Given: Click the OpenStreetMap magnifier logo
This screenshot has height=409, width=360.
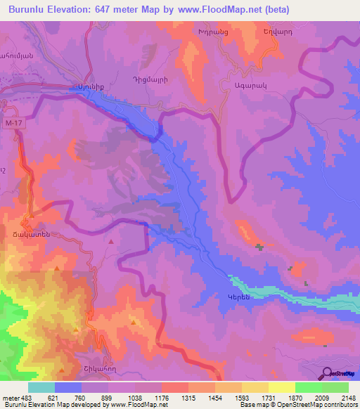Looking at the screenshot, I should coord(326,373).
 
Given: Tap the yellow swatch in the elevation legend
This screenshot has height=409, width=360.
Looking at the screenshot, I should coord(281,387).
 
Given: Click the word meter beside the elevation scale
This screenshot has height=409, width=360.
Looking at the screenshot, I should coord(10,398).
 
